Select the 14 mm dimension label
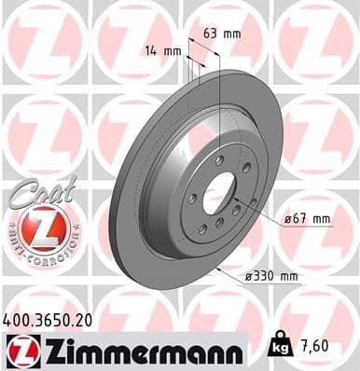163,51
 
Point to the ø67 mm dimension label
308,219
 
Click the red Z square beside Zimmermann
20,351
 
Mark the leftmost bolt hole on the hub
191,199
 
